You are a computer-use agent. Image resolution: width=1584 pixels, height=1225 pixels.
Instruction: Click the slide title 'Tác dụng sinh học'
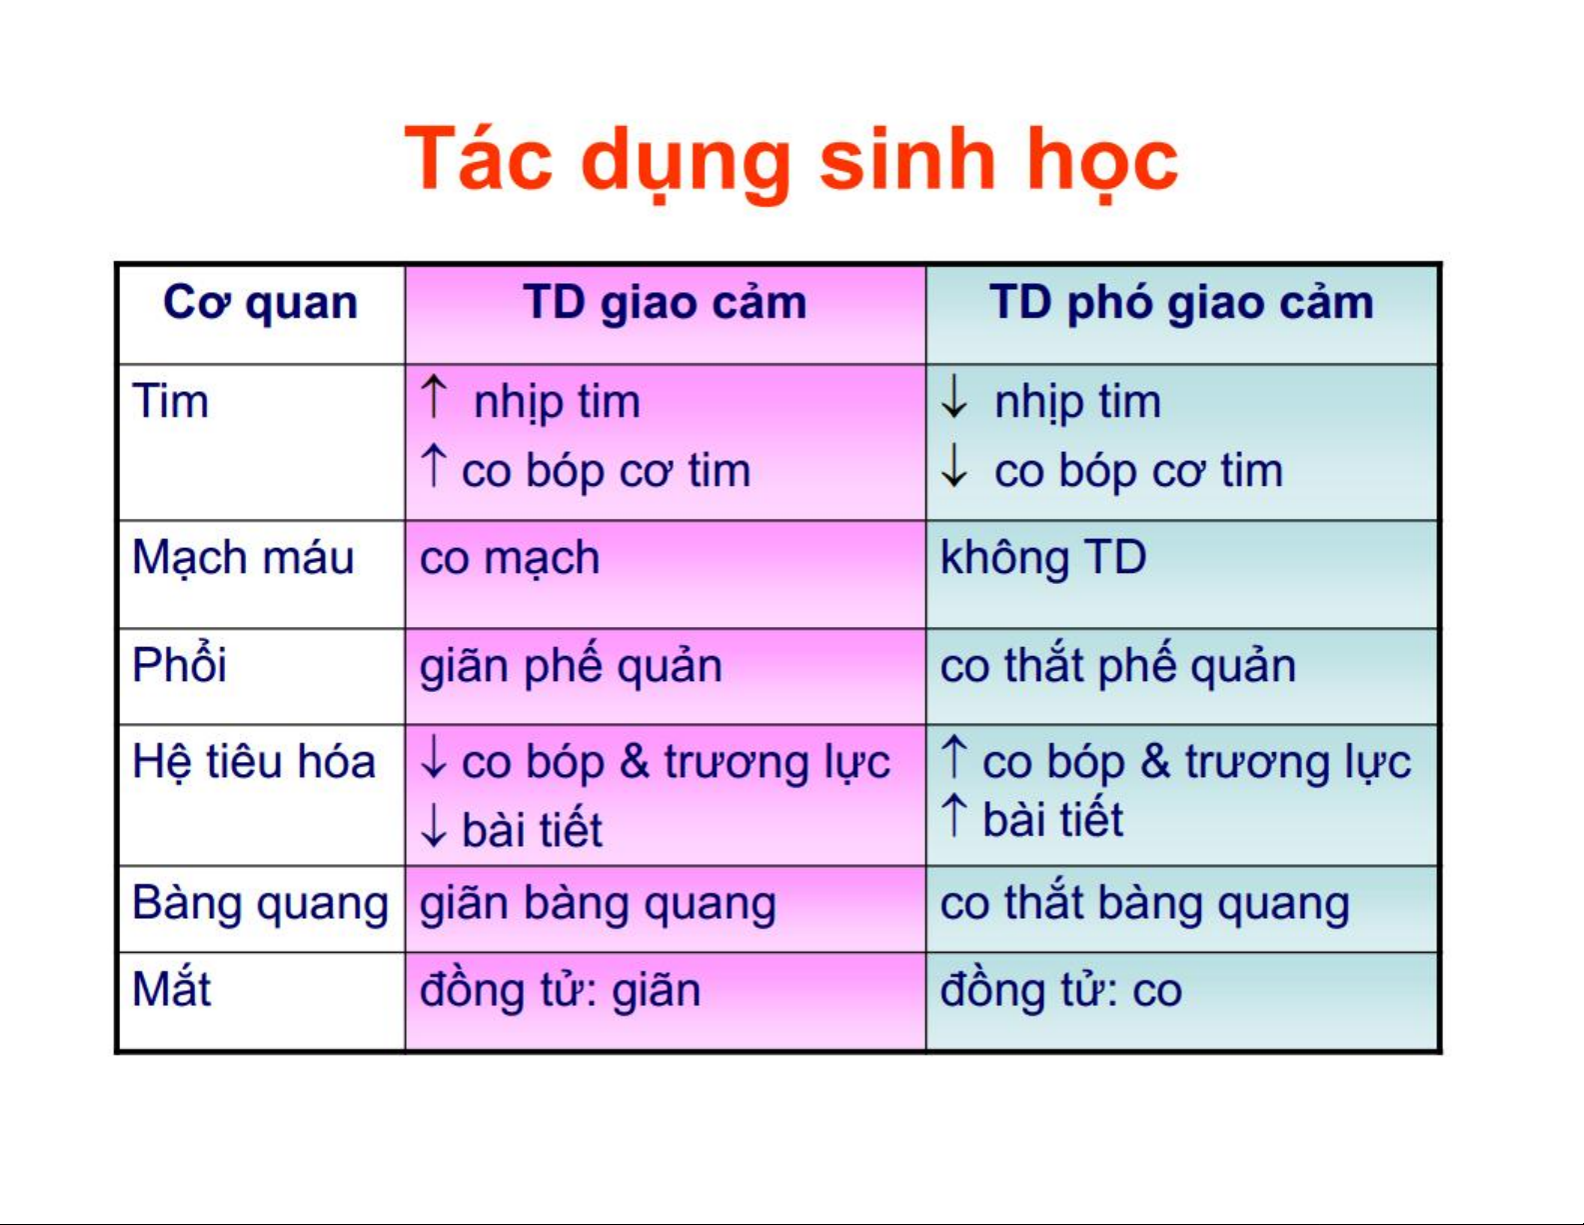point(791,161)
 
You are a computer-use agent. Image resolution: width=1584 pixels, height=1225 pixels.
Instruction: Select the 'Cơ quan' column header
point(260,304)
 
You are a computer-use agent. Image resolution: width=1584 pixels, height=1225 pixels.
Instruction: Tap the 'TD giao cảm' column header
point(665,304)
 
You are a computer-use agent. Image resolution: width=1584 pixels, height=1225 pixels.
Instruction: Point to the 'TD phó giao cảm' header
point(1181,304)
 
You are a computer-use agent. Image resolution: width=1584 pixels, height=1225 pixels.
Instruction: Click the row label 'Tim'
point(170,401)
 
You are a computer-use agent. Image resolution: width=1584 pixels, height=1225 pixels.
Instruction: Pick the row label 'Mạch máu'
point(243,559)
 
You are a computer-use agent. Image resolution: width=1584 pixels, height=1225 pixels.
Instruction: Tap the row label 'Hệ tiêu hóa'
point(254,763)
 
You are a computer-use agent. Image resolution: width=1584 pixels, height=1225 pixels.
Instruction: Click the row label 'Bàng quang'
point(260,905)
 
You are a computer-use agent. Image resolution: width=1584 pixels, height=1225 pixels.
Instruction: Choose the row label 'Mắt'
point(171,989)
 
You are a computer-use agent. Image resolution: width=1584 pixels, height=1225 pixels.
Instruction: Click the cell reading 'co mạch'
point(510,559)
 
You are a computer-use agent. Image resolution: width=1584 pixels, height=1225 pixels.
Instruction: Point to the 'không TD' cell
point(1044,559)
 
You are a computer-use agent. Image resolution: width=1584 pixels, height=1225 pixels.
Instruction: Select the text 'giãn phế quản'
point(571,666)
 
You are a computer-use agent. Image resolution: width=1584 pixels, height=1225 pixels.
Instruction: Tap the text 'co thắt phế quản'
point(1118,666)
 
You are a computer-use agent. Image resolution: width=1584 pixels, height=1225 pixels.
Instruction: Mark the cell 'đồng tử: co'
point(1060,990)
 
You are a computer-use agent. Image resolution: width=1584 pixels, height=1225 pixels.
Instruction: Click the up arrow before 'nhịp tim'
point(435,396)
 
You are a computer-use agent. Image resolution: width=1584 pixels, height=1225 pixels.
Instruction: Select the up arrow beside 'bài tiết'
point(954,816)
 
